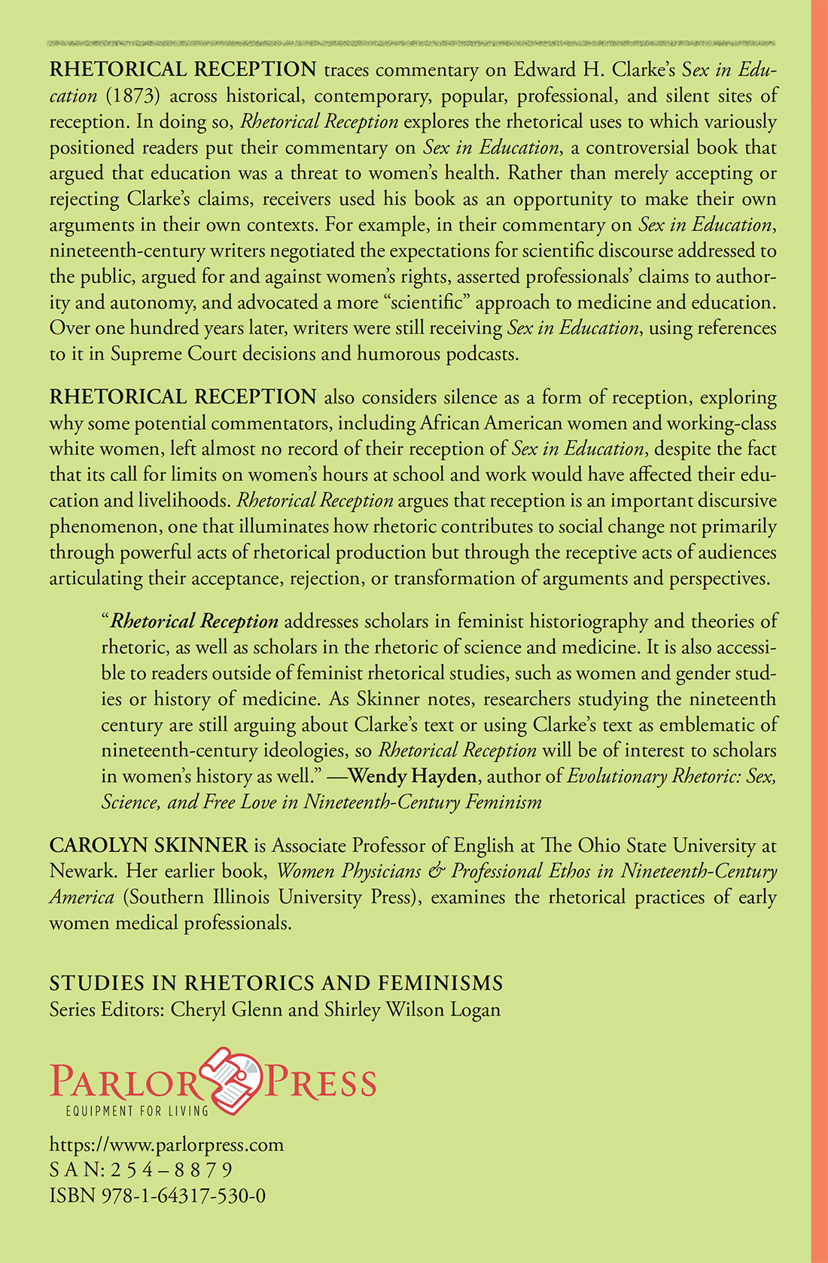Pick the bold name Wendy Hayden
tap(412, 776)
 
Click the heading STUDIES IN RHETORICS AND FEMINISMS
tap(276, 983)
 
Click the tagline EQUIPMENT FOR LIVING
tap(137, 1111)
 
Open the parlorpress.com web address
tap(166, 1145)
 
